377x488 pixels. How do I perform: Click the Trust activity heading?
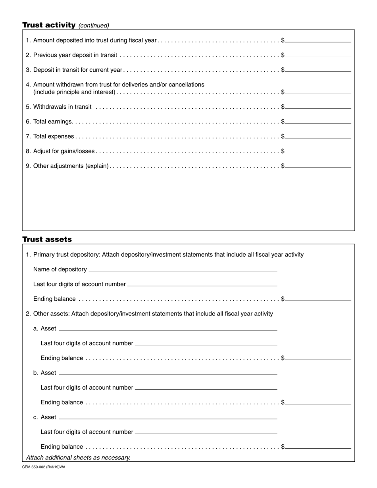[x=49, y=25]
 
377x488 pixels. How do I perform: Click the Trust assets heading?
[x=47, y=239]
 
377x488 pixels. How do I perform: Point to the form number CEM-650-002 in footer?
[x=44, y=467]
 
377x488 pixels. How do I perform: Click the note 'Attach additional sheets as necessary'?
[x=78, y=457]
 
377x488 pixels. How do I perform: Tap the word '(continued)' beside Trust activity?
[x=94, y=25]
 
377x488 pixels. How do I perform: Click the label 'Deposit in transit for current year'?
[x=78, y=70]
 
